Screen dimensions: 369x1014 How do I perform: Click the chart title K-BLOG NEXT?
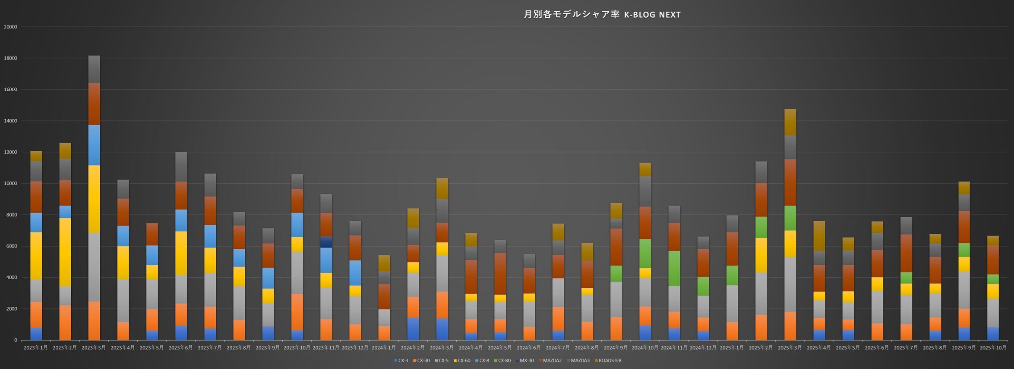tap(602, 15)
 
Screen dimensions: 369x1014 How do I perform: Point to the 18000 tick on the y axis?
tap(10, 58)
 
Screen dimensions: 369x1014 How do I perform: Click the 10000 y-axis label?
tap(10, 184)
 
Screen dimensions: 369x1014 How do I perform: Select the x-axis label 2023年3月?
tap(94, 348)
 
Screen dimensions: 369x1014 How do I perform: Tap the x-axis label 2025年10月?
tap(993, 348)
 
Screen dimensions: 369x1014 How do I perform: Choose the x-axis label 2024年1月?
tap(384, 348)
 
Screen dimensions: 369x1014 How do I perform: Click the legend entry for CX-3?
tap(401, 361)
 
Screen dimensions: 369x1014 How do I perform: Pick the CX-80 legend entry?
tap(502, 361)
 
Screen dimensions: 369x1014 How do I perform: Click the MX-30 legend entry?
tap(524, 361)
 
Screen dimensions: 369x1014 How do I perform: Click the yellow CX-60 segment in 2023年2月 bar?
tap(65, 252)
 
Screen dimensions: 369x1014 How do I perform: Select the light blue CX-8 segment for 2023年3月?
tap(94, 145)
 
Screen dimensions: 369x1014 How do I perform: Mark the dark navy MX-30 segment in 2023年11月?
tap(326, 242)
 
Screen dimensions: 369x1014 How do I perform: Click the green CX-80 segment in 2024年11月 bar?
tap(674, 268)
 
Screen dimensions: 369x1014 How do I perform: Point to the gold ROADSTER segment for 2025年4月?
tap(819, 236)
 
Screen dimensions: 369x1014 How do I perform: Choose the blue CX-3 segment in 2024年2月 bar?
tap(413, 329)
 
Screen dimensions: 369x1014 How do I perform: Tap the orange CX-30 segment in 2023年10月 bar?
tap(297, 312)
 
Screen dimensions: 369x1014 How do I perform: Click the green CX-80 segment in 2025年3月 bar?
tap(790, 218)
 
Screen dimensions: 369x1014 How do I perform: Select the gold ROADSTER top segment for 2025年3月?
tap(790, 122)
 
